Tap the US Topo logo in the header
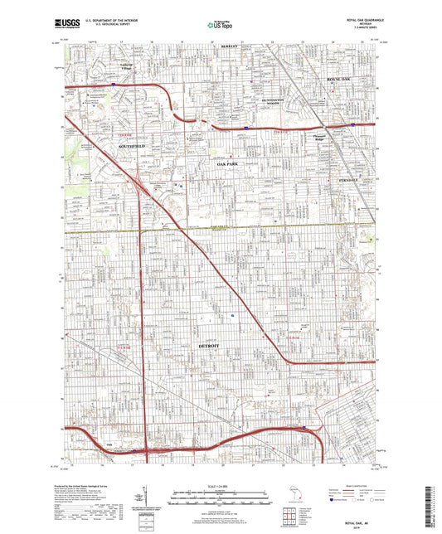click(219, 26)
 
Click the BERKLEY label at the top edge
click(240, 46)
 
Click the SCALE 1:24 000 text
click(220, 484)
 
